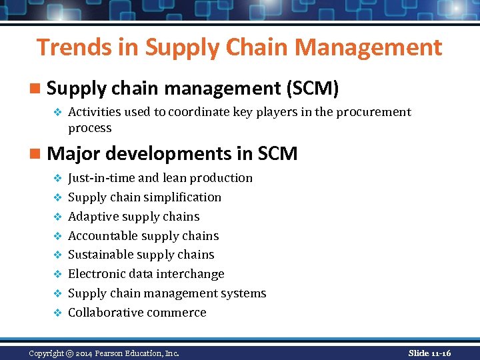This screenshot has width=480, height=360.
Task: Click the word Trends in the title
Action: click(x=69, y=47)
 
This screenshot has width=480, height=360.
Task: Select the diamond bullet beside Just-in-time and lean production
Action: click(x=57, y=178)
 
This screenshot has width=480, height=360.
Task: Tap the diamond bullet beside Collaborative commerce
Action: click(x=57, y=313)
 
